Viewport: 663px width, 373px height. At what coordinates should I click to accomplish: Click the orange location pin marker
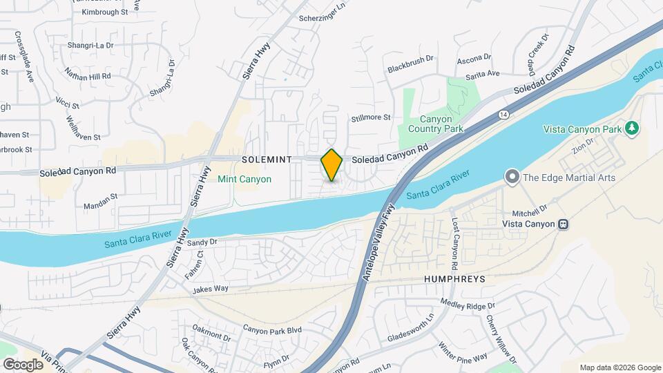click(x=332, y=165)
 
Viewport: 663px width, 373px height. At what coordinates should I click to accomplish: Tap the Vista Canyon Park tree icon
click(x=630, y=128)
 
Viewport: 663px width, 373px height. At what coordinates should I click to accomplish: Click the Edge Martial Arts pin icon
click(x=512, y=178)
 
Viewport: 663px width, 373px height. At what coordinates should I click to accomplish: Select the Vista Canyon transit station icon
click(x=564, y=224)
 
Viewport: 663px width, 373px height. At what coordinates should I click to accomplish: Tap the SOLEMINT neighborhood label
click(x=267, y=160)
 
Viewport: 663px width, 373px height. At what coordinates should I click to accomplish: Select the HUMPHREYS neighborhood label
click(x=454, y=279)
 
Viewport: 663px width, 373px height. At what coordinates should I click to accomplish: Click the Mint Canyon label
click(x=244, y=179)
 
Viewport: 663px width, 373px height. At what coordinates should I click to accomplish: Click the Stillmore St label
click(x=371, y=117)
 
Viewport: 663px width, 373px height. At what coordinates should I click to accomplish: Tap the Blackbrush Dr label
click(x=410, y=68)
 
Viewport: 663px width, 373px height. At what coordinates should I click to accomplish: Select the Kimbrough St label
click(x=106, y=12)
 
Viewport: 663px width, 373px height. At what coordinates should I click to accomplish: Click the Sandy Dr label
click(x=202, y=242)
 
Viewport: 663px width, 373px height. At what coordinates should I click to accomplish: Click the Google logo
click(x=23, y=364)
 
